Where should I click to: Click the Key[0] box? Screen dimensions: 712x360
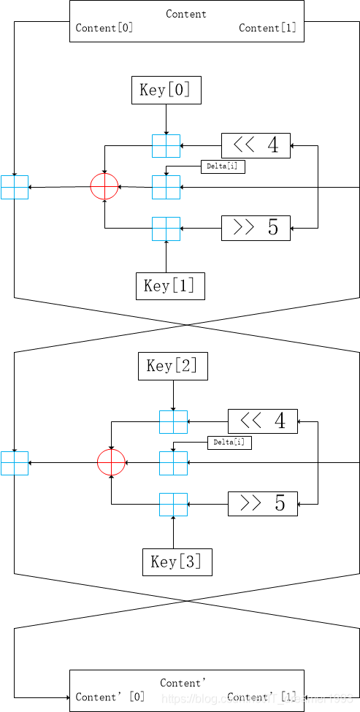click(x=166, y=90)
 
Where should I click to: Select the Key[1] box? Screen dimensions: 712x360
click(x=170, y=286)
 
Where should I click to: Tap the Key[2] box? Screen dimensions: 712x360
click(x=173, y=366)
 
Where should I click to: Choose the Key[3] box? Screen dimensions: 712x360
click(x=177, y=562)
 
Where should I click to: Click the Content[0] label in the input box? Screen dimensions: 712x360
click(x=104, y=28)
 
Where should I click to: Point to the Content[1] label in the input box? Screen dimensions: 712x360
click(x=268, y=28)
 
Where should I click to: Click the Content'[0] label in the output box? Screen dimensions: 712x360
click(x=110, y=697)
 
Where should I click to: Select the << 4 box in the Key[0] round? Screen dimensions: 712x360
click(x=256, y=145)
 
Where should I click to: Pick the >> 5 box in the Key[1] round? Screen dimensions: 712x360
click(x=256, y=228)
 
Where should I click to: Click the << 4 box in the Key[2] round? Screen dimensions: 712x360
click(x=263, y=421)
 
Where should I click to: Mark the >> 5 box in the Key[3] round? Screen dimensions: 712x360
click(x=263, y=504)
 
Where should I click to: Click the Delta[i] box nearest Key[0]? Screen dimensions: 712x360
click(x=223, y=166)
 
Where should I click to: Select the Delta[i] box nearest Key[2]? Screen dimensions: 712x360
click(x=229, y=443)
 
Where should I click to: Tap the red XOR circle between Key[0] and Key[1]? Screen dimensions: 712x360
click(x=104, y=187)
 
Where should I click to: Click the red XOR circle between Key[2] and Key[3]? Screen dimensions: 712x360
click(x=112, y=463)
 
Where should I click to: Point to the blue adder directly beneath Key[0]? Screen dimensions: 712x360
click(x=166, y=146)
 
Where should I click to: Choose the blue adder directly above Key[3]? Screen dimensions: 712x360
click(x=173, y=505)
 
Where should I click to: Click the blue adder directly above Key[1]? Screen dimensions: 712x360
click(x=166, y=229)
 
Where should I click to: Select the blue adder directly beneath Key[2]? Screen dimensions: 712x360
click(x=173, y=422)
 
